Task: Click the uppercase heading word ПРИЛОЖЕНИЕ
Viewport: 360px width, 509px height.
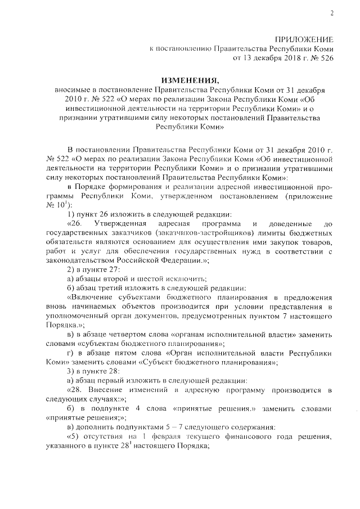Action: [304, 39]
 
